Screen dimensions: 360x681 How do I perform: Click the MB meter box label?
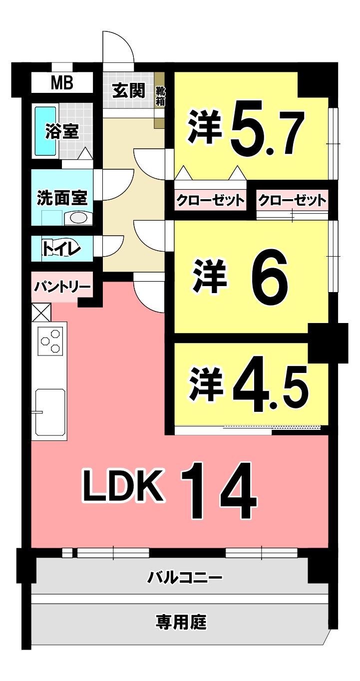click(x=62, y=82)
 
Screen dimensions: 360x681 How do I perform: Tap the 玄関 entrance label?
click(x=129, y=90)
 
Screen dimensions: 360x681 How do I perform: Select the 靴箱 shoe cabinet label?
click(x=160, y=96)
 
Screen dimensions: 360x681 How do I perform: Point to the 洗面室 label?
click(x=62, y=198)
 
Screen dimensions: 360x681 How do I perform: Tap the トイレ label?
click(x=61, y=249)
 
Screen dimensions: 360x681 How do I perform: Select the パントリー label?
click(x=62, y=287)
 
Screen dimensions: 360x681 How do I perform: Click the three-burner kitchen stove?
click(x=50, y=340)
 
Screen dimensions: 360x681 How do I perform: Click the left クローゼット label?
click(x=210, y=200)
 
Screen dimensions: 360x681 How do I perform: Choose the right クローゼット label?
click(x=292, y=200)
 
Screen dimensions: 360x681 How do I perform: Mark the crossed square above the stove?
click(x=41, y=312)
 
